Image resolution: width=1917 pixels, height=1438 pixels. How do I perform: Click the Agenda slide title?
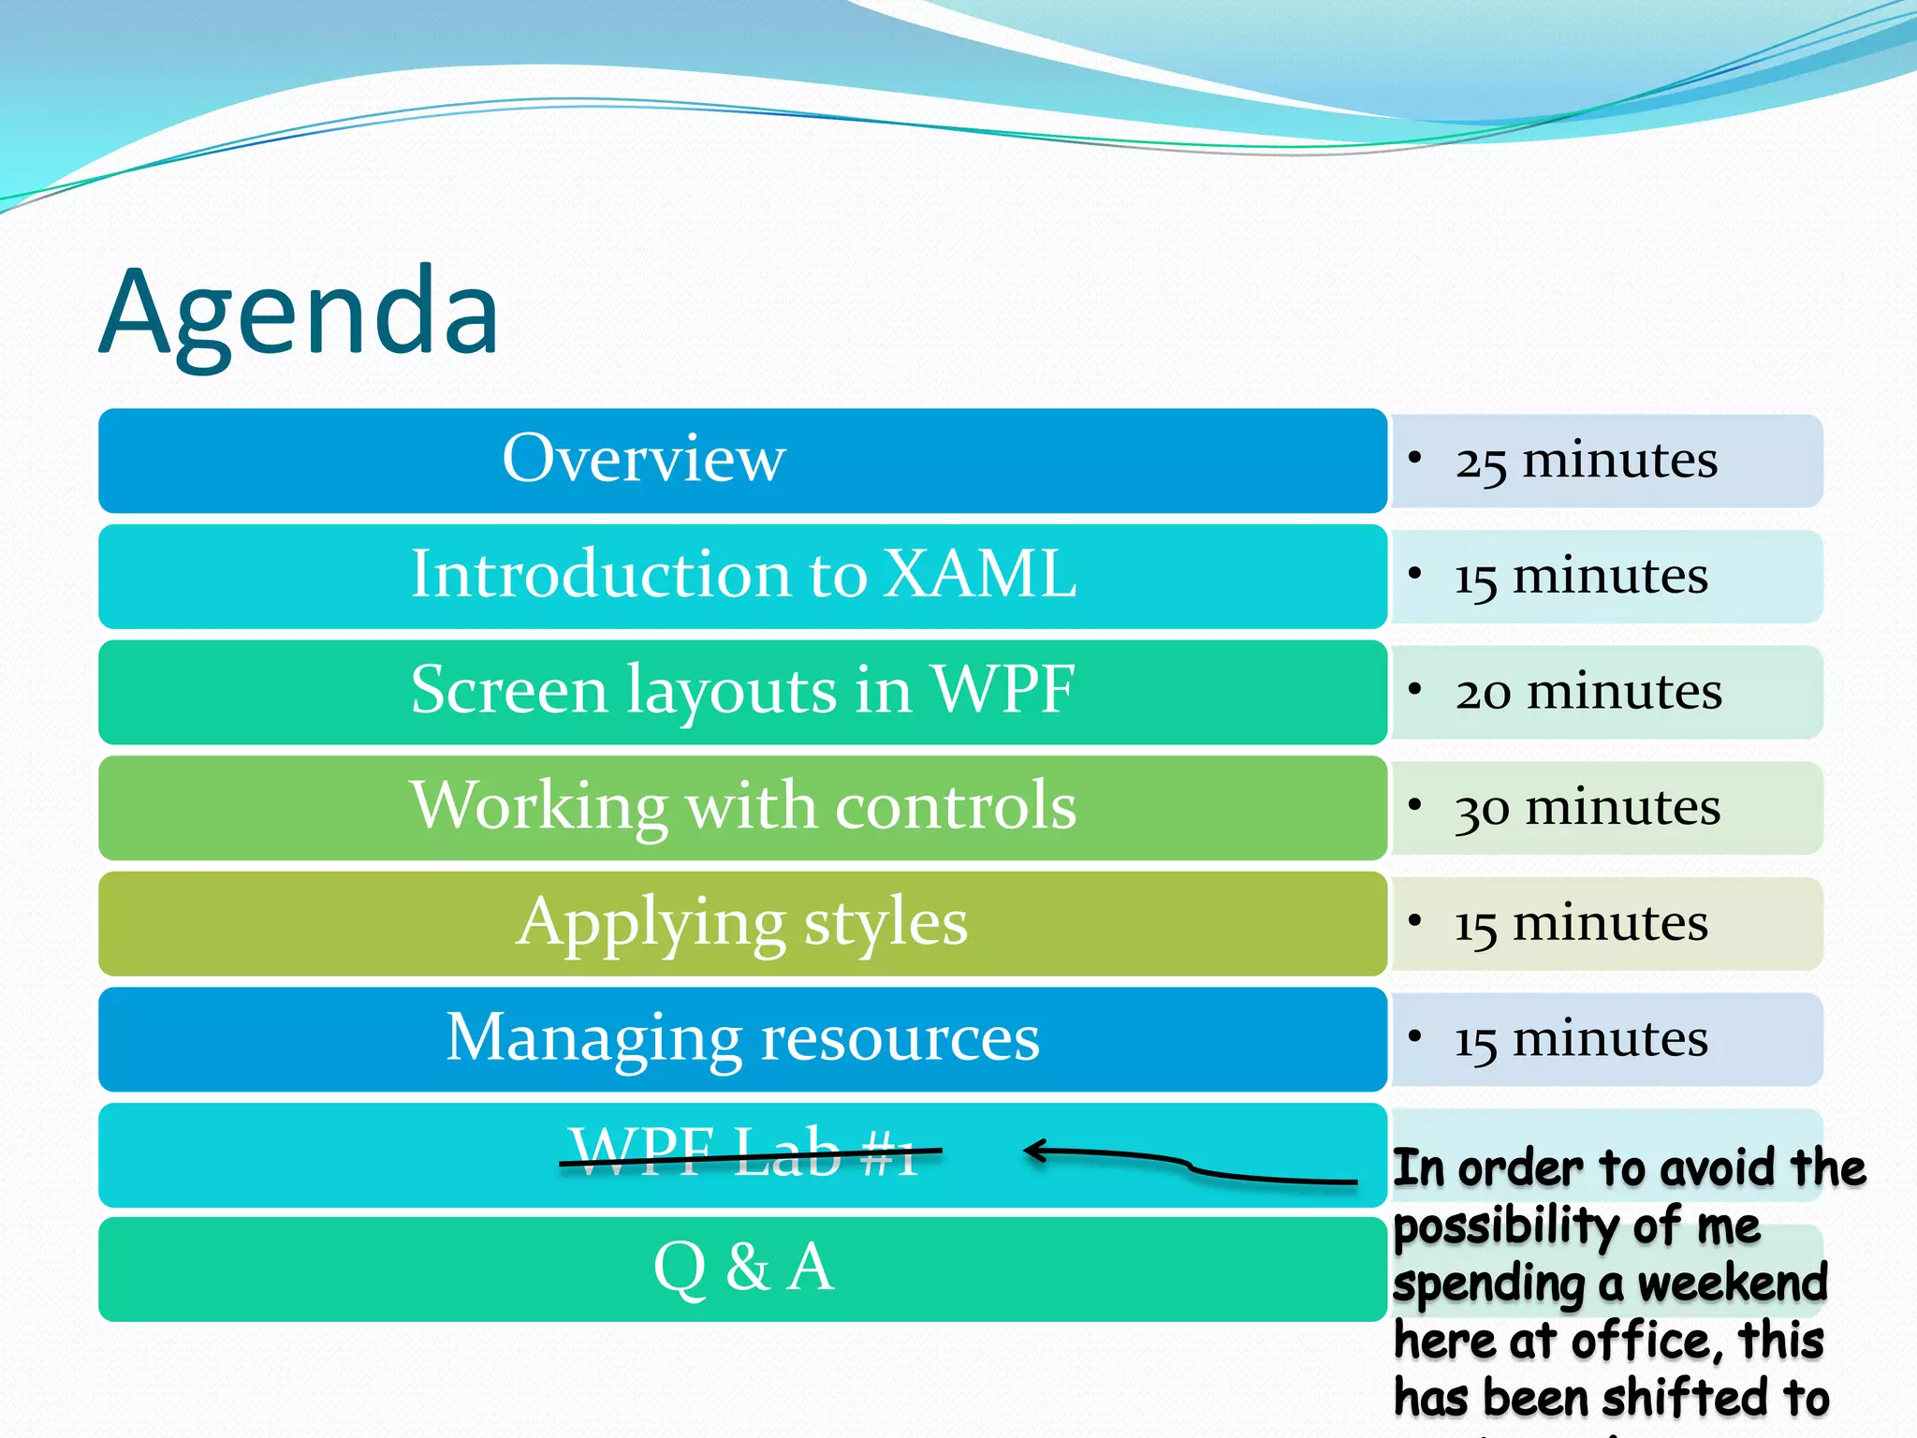click(x=300, y=314)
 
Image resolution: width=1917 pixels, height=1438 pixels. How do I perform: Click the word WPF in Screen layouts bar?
click(x=1004, y=690)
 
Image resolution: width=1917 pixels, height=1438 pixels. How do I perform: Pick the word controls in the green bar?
click(x=956, y=805)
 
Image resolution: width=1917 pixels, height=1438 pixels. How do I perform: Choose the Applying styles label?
click(x=742, y=922)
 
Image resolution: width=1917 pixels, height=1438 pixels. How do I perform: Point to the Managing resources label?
click(x=742, y=1037)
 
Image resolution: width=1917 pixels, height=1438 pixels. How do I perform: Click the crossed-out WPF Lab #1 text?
click(x=744, y=1152)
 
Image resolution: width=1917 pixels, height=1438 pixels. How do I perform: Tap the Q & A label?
click(x=742, y=1267)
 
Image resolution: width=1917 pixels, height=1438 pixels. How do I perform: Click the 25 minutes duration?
click(x=1586, y=461)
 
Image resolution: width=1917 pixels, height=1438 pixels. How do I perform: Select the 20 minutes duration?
click(x=1588, y=692)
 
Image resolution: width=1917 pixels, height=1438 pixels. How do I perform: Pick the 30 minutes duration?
click(x=1588, y=807)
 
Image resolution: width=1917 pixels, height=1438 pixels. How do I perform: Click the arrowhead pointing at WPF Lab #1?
click(x=1032, y=1151)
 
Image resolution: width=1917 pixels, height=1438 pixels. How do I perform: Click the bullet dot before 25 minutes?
click(x=1415, y=457)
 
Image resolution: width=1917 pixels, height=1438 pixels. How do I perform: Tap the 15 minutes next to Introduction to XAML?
click(x=1581, y=576)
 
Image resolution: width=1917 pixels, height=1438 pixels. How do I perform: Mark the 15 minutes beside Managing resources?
click(x=1581, y=1039)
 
